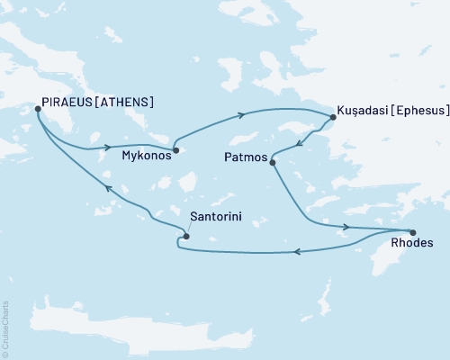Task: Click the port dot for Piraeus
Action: (x=37, y=109)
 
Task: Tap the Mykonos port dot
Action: (x=176, y=150)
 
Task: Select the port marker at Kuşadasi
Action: (x=332, y=116)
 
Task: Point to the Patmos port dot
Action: (x=273, y=162)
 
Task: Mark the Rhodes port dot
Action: (x=412, y=232)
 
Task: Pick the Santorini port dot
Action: (x=186, y=237)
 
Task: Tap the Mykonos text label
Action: (x=145, y=155)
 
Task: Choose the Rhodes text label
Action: (x=414, y=244)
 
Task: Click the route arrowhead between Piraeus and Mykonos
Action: (x=108, y=147)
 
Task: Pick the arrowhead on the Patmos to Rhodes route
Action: (x=345, y=227)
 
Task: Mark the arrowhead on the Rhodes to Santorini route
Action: (x=299, y=251)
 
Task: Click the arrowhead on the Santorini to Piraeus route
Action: (x=106, y=188)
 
